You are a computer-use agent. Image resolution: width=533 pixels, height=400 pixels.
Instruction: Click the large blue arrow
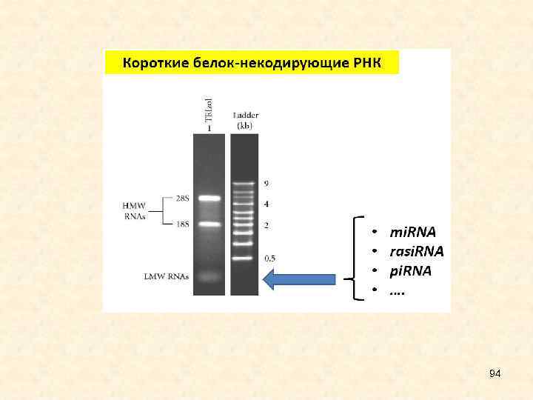[299, 279]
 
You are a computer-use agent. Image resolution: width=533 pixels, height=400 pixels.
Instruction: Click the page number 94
[495, 375]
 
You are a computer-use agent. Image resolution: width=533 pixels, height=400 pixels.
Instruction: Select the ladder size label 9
[266, 183]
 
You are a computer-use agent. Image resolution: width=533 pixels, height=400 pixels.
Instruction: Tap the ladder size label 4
[266, 203]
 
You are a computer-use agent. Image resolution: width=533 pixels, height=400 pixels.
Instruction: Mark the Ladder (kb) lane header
[244, 120]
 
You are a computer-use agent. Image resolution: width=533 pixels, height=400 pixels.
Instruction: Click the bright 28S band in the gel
[209, 199]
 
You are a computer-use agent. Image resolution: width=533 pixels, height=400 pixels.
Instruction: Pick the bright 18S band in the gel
[209, 224]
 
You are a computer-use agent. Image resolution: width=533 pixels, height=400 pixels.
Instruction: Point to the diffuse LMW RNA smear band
[209, 277]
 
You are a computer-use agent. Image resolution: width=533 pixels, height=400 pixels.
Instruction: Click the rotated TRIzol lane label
[209, 109]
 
